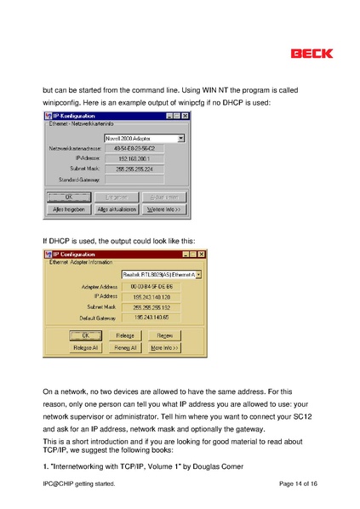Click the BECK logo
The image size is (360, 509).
(311, 53)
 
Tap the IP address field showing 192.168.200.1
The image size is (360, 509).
(134, 158)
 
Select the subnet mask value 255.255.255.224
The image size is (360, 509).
(134, 169)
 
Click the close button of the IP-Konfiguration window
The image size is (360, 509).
(186, 116)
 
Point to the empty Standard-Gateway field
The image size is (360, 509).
(134, 180)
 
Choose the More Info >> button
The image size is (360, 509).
(166, 347)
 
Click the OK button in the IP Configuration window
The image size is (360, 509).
(85, 335)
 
